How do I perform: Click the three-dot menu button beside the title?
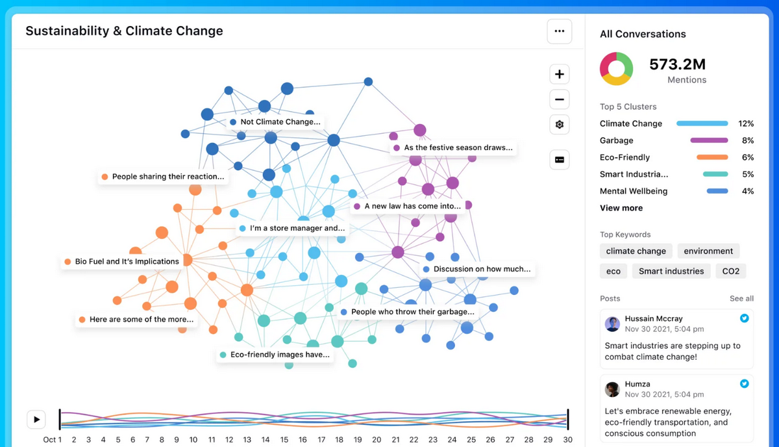[559, 31]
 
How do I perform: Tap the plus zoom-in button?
[559, 74]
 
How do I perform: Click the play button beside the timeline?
[36, 419]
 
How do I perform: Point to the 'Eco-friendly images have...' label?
[275, 355]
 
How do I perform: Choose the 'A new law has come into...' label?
[407, 206]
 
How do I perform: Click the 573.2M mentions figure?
[677, 64]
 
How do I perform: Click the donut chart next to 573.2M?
[616, 69]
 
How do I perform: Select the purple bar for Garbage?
[709, 140]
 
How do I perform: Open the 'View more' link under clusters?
[621, 208]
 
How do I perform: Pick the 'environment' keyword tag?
[708, 251]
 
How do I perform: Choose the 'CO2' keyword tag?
[731, 271]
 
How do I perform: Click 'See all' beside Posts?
[741, 298]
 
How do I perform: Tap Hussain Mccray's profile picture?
[612, 324]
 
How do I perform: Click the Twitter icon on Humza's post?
[745, 383]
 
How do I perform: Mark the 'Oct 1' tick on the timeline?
[53, 440]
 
